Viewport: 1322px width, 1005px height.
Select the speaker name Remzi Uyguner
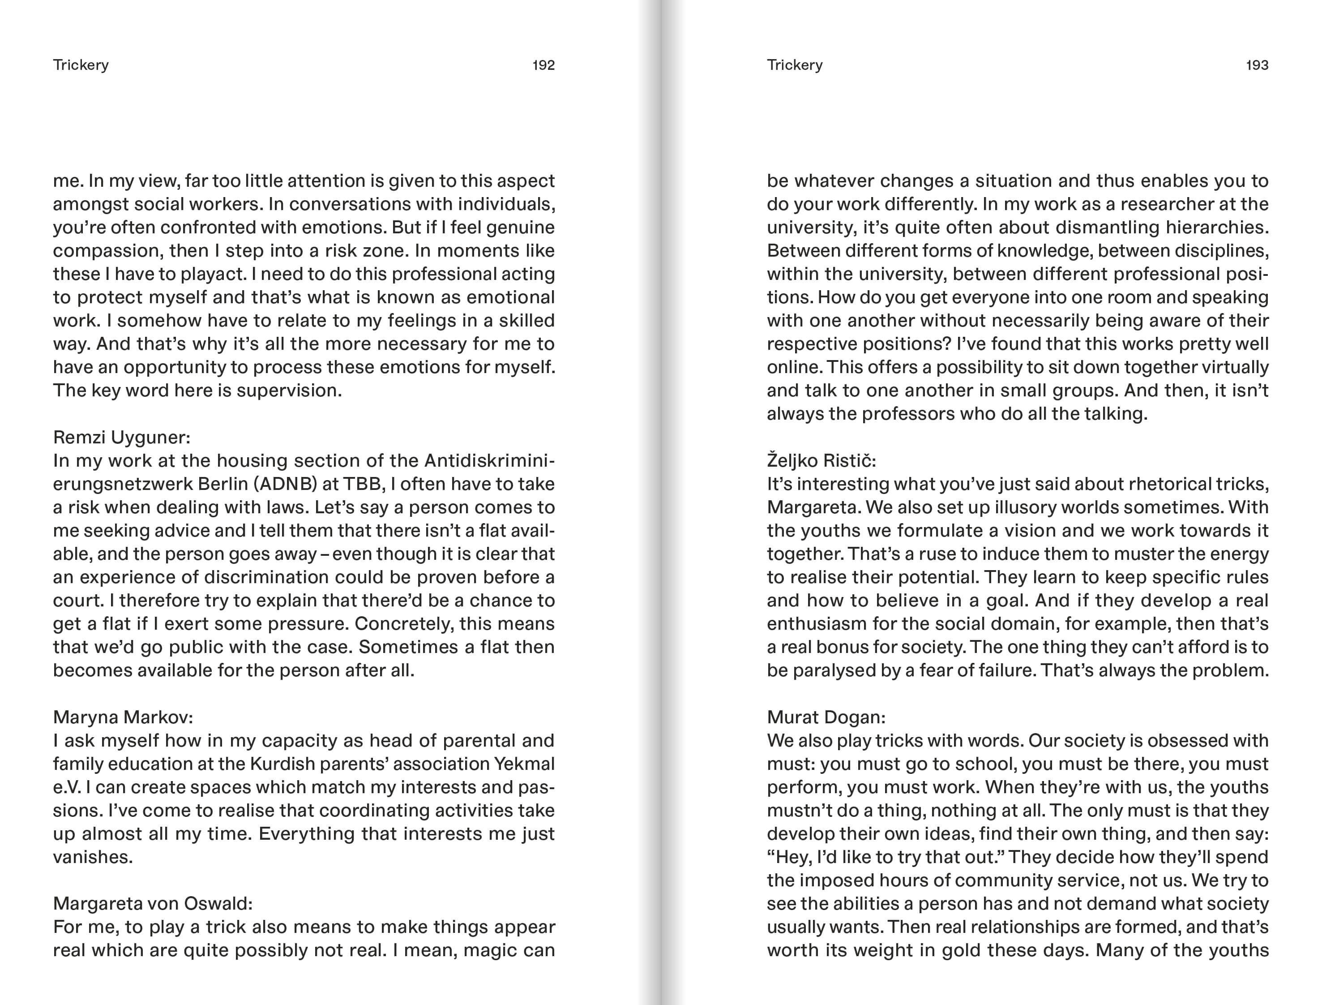tap(121, 437)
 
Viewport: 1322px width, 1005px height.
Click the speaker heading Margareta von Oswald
tap(153, 903)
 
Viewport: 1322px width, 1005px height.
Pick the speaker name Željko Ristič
tap(821, 460)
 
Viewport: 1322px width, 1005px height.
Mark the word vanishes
tap(93, 857)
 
